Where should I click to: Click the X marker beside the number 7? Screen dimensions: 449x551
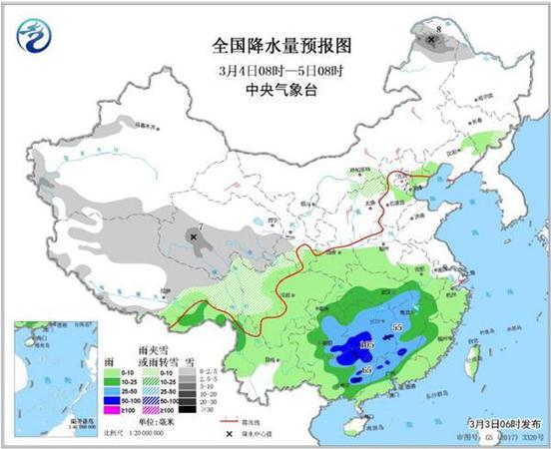click(x=193, y=237)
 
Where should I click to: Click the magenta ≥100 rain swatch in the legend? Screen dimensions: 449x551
click(x=113, y=408)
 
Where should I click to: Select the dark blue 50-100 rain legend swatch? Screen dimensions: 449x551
click(x=113, y=397)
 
